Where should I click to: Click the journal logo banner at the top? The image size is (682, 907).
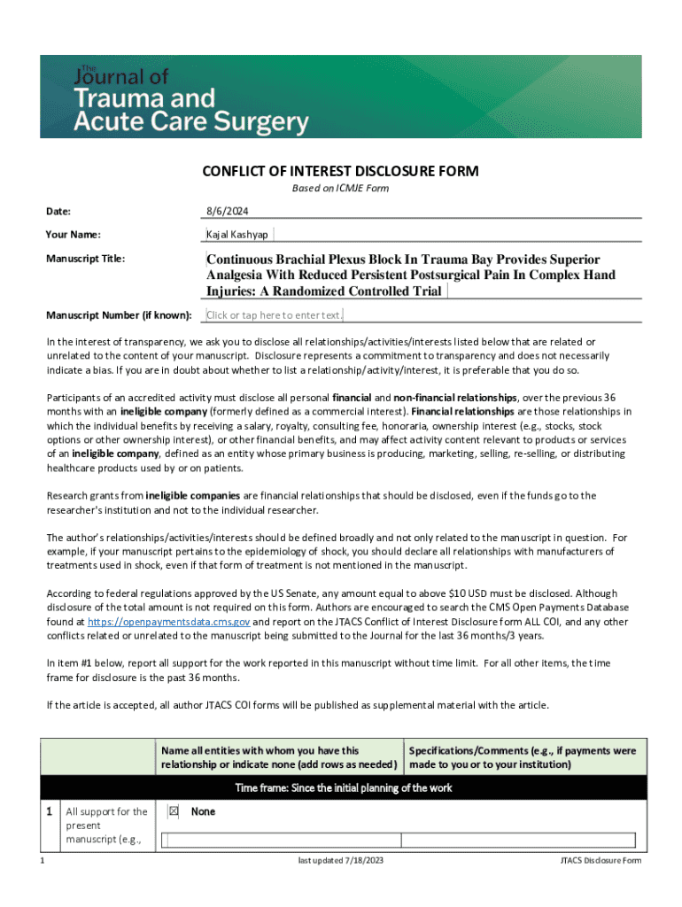341,97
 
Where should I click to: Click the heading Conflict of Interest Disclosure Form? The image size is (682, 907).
340,171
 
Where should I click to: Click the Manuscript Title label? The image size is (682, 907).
86,260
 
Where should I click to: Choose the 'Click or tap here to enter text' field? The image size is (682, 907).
274,315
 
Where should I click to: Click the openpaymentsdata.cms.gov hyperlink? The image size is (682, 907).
167,622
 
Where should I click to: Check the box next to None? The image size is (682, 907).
174,811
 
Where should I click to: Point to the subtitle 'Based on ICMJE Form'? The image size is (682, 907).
340,189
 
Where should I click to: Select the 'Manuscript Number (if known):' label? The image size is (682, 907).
119,315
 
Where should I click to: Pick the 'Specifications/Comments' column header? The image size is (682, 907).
523,757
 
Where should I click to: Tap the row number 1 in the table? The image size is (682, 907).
50,811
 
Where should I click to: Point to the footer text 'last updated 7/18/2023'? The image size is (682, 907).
340,861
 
